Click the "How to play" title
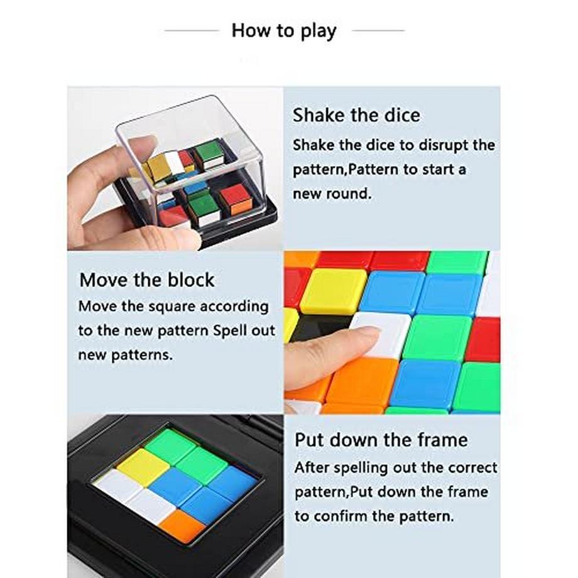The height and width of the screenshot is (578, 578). (x=284, y=31)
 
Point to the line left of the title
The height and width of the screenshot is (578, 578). (x=192, y=30)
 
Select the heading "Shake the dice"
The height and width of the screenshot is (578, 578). (x=356, y=116)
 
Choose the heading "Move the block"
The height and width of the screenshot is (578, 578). (x=147, y=280)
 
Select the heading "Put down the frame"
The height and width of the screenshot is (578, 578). (x=381, y=440)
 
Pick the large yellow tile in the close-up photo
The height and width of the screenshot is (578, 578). (x=332, y=290)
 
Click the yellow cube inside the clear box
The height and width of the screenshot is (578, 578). (x=158, y=166)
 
